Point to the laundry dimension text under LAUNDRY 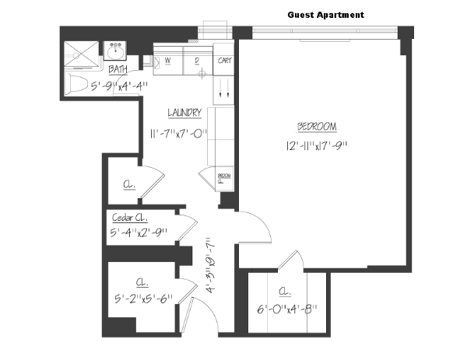177,133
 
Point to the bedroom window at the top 322,32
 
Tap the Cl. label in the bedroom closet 286,293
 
